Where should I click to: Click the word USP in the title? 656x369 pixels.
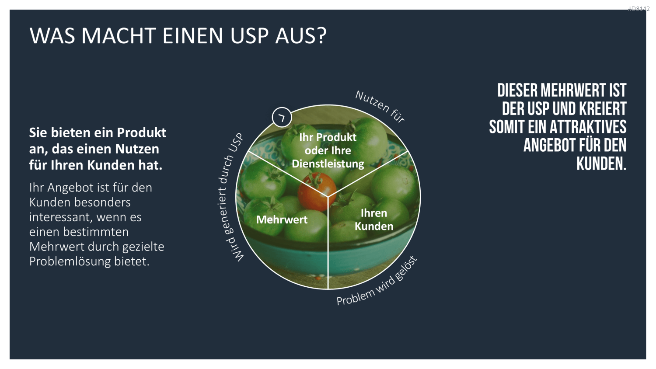coord(249,36)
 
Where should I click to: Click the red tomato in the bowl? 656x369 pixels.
coord(317,191)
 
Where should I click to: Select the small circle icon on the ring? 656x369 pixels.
coord(282,117)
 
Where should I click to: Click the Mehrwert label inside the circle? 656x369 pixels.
coord(282,219)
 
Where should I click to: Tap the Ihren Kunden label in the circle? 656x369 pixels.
coord(373,219)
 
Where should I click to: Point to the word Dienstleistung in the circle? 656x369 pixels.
coord(328,164)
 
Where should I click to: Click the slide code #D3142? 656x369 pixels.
coord(639,9)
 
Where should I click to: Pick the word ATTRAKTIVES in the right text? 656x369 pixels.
coord(588,127)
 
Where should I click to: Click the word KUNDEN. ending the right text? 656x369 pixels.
coord(601,164)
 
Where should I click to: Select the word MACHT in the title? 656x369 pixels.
coord(119,36)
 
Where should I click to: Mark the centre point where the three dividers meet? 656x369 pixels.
coord(328,196)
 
